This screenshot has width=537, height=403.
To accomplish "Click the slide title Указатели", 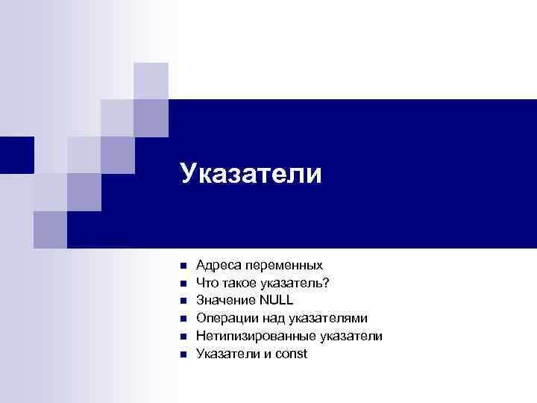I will pos(251,175).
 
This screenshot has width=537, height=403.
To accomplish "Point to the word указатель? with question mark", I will pos(297,283).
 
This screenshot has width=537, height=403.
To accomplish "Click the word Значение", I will pos(225,300).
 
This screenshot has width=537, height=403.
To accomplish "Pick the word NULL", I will pos(277,300).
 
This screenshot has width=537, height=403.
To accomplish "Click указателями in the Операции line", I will pos(327,319).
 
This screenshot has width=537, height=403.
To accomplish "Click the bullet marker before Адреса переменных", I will pos(182,266).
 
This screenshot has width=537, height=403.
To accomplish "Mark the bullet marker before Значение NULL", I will pos(182,301).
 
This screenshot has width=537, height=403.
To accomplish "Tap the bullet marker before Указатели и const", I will pos(182,354).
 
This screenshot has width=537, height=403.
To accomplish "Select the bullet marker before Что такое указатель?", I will pos(182,284).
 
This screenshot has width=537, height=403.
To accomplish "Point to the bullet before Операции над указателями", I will pos(182,319).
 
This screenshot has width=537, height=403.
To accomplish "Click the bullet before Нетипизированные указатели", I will pos(182,337).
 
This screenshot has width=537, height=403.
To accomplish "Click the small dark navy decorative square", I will pos(16,154).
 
